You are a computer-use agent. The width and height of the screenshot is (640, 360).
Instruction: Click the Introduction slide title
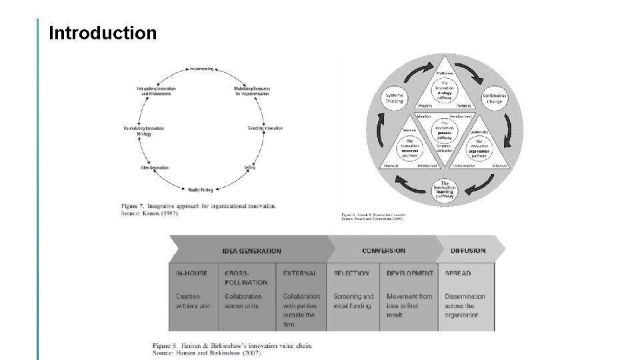103,33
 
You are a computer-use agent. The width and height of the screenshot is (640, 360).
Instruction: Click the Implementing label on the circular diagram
201,69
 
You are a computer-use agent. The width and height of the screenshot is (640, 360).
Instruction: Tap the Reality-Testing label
200,190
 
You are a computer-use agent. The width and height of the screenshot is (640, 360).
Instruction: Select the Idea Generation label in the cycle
155,167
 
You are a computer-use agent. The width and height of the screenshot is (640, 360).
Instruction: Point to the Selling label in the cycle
249,167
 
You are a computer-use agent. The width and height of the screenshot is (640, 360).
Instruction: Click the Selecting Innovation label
265,128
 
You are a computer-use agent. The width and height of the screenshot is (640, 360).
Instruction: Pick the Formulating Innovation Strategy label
144,131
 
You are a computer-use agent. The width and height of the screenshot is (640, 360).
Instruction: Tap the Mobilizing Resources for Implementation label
252,91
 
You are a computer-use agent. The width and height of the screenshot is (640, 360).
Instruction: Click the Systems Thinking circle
394,98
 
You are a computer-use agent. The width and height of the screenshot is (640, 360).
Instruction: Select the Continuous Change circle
494,98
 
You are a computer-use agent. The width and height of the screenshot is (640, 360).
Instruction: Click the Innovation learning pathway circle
444,189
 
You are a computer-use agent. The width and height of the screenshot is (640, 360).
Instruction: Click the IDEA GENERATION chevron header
251,251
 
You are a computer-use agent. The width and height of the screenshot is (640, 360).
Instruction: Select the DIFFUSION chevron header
468,251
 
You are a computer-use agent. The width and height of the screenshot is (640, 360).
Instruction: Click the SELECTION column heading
351,273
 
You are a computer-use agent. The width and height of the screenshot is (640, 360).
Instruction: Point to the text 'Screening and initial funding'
353,301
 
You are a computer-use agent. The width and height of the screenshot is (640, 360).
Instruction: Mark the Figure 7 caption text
198,209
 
